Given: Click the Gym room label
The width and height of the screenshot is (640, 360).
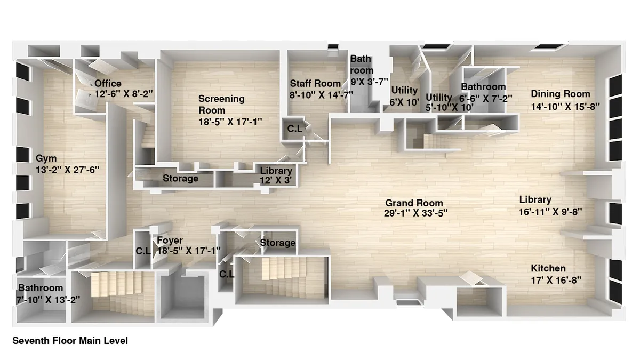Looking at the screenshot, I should click(46, 158).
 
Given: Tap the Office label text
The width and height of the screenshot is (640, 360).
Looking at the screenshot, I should click(108, 84).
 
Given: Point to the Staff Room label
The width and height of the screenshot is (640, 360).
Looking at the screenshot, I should click(315, 84).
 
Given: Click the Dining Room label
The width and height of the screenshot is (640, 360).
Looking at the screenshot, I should click(561, 94).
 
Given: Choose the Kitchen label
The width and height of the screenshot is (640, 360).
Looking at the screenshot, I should click(548, 268).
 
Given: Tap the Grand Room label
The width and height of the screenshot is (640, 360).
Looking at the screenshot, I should click(414, 203).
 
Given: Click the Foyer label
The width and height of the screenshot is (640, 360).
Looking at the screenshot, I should click(170, 241).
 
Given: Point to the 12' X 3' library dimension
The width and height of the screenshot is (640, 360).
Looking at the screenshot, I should click(276, 180).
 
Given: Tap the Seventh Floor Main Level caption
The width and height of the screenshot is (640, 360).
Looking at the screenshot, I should click(70, 341).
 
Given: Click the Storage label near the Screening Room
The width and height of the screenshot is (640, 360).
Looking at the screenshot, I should click(180, 179).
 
